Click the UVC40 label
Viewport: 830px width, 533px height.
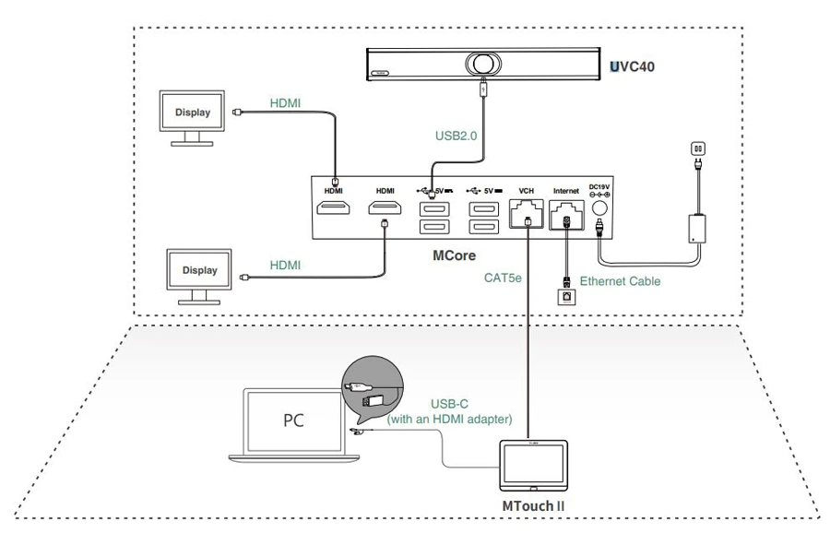pyautogui.click(x=632, y=67)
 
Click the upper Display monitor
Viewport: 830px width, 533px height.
pyautogui.click(x=193, y=117)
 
